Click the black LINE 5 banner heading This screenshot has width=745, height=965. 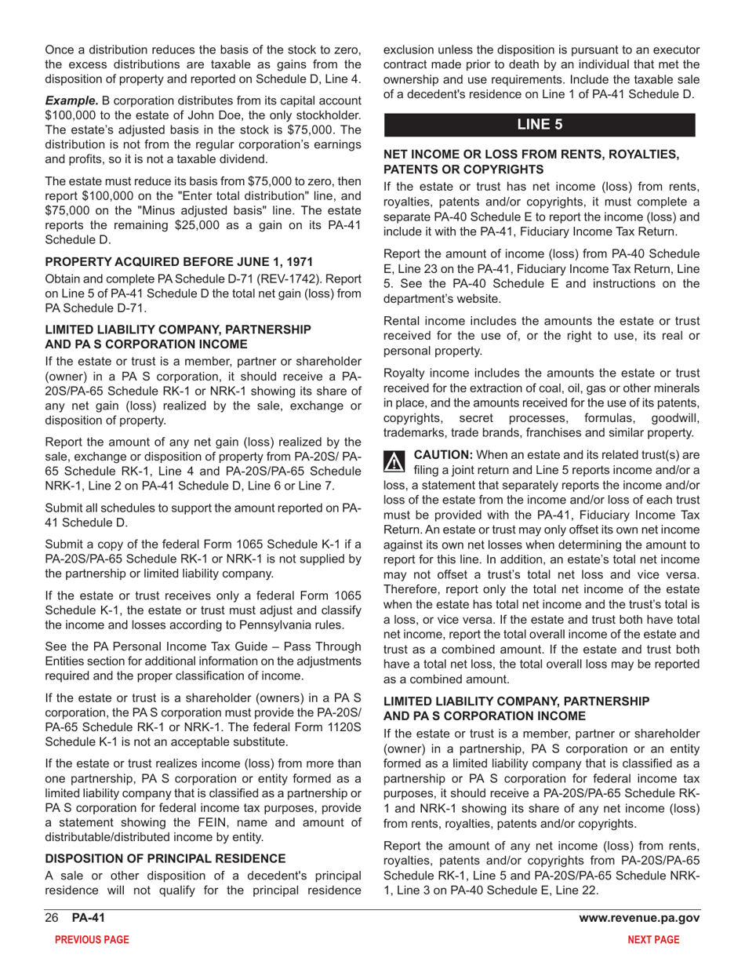[x=539, y=124]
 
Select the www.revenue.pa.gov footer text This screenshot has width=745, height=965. [x=639, y=919]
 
